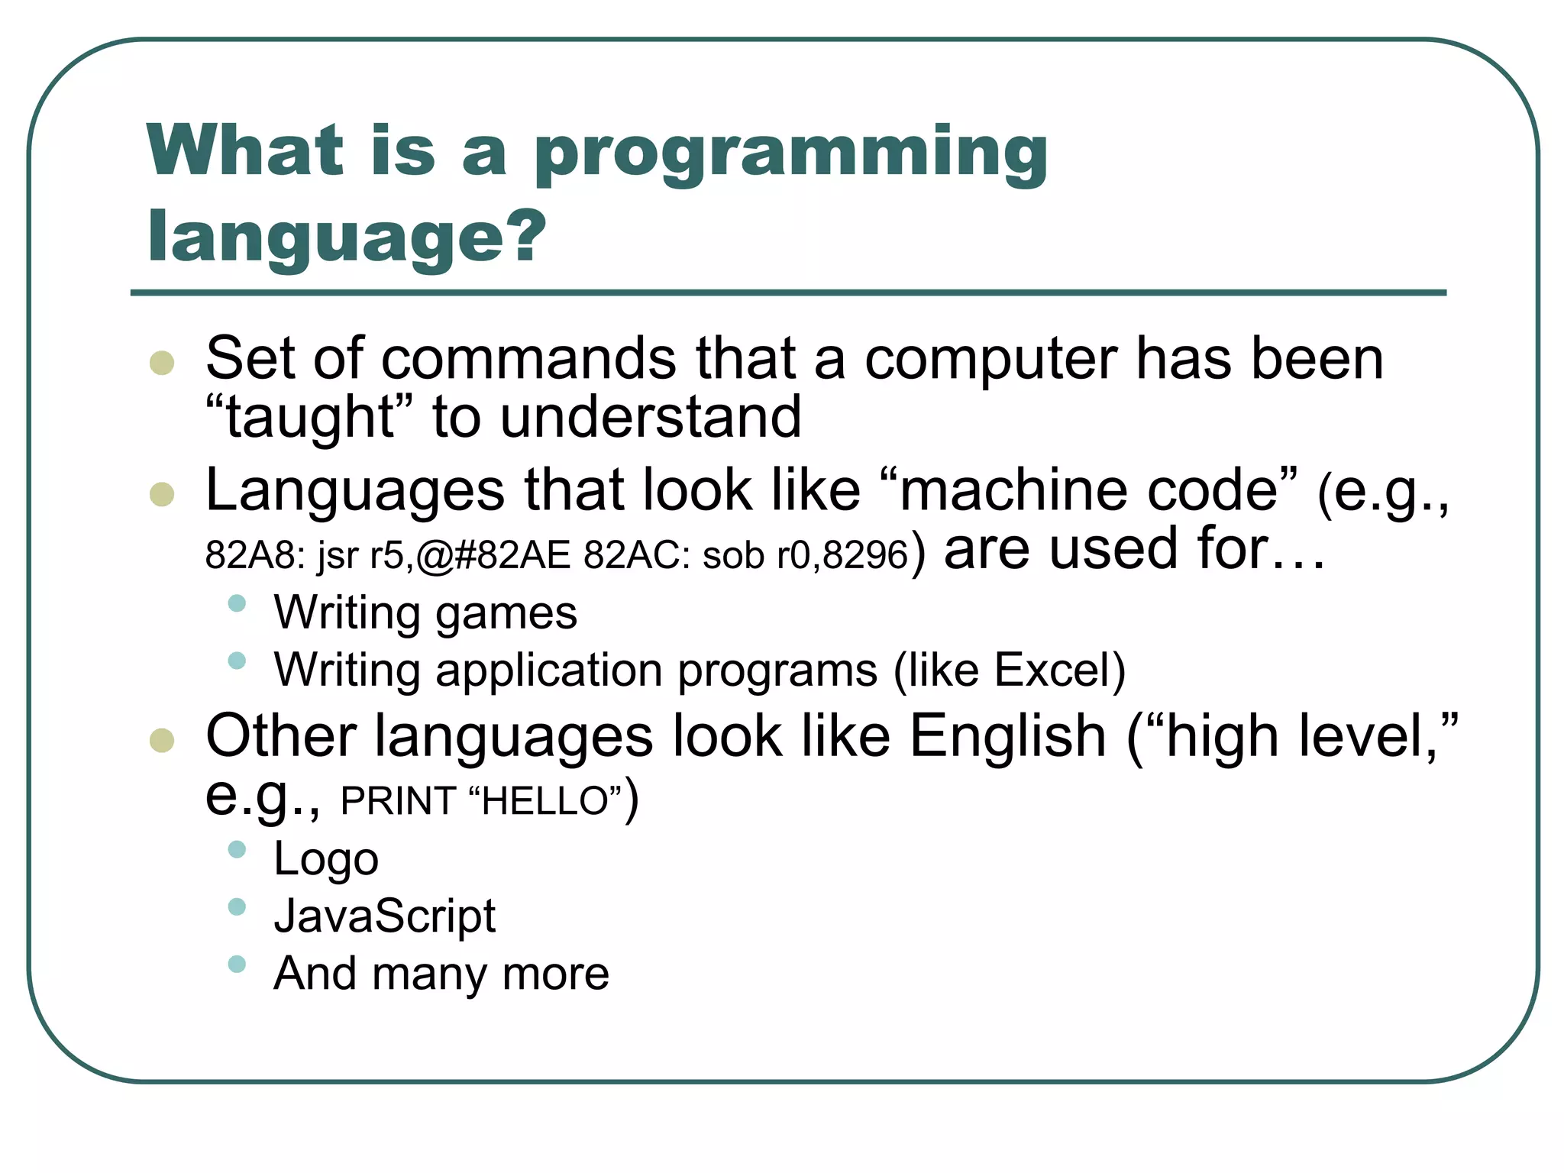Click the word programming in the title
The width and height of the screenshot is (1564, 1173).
click(790, 154)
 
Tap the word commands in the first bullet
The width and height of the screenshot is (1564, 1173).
click(528, 358)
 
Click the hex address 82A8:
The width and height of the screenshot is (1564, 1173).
click(255, 555)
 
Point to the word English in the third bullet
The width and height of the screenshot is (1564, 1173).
click(1007, 736)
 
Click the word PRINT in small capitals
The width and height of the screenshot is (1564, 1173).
click(398, 801)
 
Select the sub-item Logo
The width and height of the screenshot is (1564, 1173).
click(326, 859)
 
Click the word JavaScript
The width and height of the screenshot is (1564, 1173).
click(385, 916)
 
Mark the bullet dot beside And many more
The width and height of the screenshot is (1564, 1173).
click(237, 964)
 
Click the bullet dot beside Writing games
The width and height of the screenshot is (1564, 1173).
click(237, 603)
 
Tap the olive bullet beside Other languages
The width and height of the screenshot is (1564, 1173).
click(162, 739)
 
